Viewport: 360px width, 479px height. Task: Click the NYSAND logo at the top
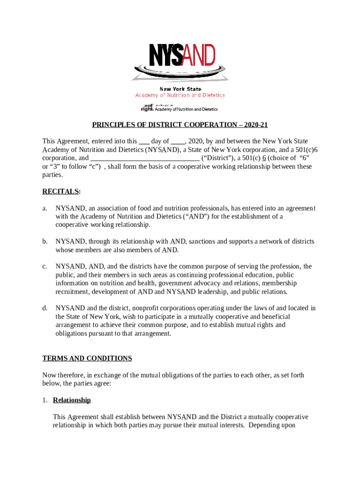pyautogui.click(x=180, y=61)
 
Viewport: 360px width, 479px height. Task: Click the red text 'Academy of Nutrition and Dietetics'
pyautogui.click(x=180, y=95)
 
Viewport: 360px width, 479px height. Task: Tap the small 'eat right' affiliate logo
pyautogui.click(x=147, y=108)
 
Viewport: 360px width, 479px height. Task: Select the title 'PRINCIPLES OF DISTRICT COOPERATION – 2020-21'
pyautogui.click(x=180, y=125)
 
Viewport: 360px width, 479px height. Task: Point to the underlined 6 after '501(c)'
pyautogui.click(x=264, y=158)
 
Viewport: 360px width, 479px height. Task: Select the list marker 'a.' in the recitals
pyautogui.click(x=45, y=208)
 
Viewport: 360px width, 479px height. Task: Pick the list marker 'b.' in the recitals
pyautogui.click(x=45, y=242)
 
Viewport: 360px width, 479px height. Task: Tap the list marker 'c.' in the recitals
pyautogui.click(x=45, y=267)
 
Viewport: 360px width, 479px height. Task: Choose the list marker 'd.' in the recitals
pyautogui.click(x=45, y=308)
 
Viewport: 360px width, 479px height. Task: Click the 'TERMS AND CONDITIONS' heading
pyautogui.click(x=87, y=358)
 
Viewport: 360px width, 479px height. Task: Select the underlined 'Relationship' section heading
pyautogui.click(x=72, y=400)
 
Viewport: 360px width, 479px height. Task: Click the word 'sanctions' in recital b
pyautogui.click(x=202, y=242)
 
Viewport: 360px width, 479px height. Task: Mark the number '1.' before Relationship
pyautogui.click(x=45, y=400)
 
